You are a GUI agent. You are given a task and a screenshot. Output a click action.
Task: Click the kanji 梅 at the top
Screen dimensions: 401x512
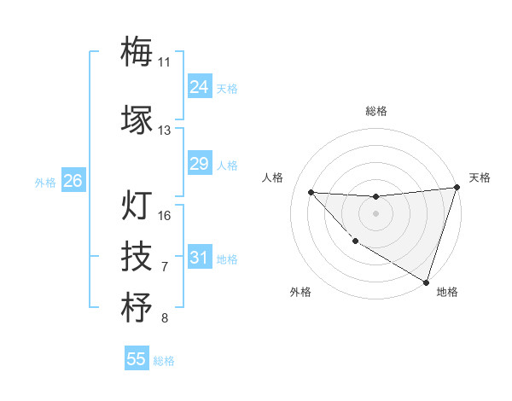[x=137, y=50]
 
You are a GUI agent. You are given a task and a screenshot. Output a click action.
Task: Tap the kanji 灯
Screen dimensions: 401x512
[x=137, y=206]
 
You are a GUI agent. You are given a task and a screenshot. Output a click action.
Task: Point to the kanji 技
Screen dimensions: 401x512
[x=137, y=256]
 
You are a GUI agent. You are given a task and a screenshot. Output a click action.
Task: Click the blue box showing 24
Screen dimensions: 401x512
[x=199, y=86]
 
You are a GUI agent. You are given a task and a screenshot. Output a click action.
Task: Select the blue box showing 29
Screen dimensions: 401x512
[x=199, y=164]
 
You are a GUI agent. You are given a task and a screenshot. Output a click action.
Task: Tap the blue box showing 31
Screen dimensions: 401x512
[x=199, y=257]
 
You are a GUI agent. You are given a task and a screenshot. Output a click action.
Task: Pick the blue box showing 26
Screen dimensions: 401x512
[x=73, y=181]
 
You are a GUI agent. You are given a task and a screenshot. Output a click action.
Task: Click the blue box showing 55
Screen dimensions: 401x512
[x=137, y=359]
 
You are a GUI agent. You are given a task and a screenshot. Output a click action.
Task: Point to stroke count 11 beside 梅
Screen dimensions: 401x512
[x=165, y=61]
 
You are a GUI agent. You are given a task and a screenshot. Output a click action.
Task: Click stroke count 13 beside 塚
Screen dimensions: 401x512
[x=165, y=131]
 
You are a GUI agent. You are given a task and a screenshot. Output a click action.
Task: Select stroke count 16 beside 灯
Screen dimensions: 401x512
[x=165, y=216]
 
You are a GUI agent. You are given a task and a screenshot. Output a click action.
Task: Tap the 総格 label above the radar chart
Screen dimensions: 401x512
[x=376, y=111]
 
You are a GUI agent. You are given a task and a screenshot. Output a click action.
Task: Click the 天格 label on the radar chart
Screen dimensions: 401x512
[x=480, y=177]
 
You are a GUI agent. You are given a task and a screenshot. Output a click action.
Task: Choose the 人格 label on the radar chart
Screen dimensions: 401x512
[x=273, y=177]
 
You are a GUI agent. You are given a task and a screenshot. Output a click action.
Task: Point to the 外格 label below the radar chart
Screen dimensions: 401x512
[x=300, y=292]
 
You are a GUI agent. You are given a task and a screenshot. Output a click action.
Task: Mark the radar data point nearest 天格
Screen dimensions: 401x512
[x=457, y=188]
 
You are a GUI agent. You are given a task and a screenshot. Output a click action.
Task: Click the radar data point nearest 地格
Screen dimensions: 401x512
[x=427, y=282]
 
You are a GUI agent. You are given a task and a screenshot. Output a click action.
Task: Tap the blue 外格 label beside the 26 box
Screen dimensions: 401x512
[x=45, y=182]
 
